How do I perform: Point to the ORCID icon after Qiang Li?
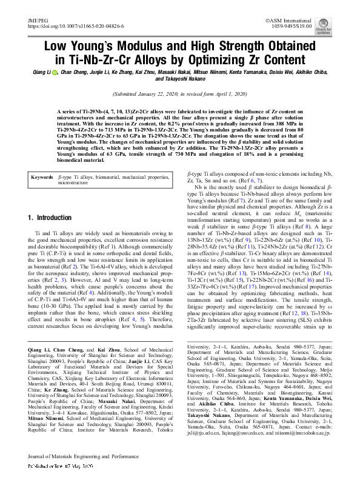(x=55, y=72)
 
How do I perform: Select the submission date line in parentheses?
(x=179, y=95)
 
